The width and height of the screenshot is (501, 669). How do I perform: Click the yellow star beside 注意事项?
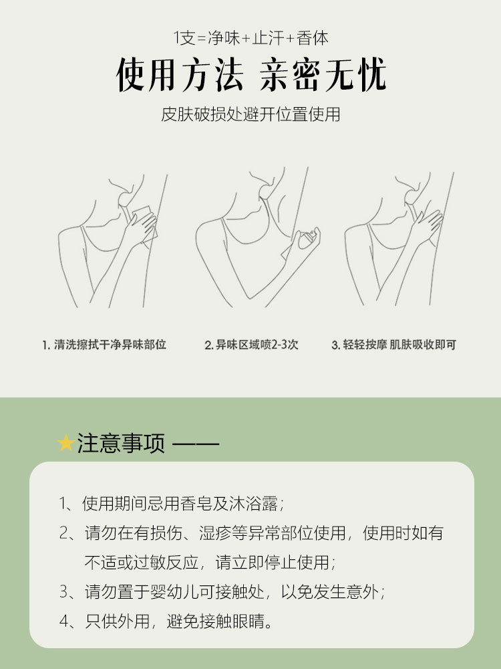click(x=66, y=443)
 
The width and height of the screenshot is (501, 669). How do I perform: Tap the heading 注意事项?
click(x=121, y=444)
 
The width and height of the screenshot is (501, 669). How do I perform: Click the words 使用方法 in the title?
click(x=179, y=75)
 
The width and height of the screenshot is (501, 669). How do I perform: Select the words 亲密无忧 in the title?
click(x=323, y=75)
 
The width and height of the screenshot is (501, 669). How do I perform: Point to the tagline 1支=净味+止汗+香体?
click(x=251, y=38)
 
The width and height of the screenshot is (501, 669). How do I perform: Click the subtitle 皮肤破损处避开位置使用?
click(x=251, y=114)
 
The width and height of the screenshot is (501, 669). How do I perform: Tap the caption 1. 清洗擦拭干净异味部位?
click(x=104, y=345)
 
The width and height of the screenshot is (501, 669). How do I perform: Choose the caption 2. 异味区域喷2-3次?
click(x=251, y=345)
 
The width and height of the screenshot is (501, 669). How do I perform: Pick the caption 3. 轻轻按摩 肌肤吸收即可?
click(x=393, y=345)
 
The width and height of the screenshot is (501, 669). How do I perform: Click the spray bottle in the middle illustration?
click(x=307, y=240)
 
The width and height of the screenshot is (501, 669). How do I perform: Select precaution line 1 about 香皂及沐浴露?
click(x=172, y=504)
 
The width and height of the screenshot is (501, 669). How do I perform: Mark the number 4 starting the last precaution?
click(x=64, y=622)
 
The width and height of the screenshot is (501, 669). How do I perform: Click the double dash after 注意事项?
click(x=196, y=444)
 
